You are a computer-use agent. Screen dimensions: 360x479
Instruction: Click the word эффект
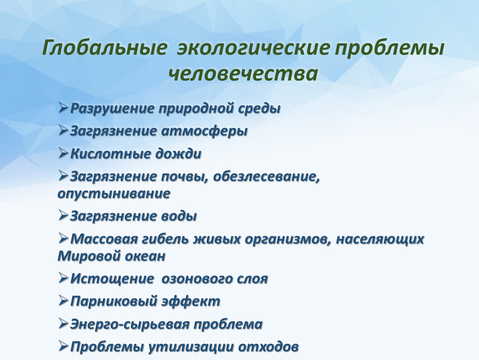click(190, 301)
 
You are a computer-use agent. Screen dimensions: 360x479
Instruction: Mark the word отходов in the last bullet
click(270, 346)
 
